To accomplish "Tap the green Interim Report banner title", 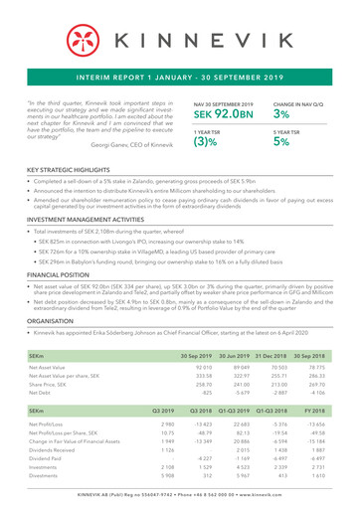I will point(180,75).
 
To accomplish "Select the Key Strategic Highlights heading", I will point(72,172).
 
